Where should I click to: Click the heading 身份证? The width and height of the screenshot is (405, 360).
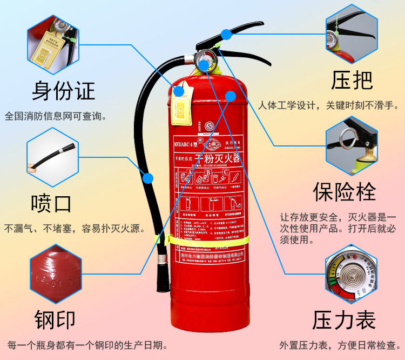tap(63, 90)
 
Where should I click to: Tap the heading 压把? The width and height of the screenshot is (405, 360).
tap(352, 80)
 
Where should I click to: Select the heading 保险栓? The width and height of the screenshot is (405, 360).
tap(344, 191)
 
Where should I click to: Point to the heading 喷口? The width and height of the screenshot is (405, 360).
tap(51, 204)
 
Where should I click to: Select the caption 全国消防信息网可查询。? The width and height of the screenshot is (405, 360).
tap(55, 116)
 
